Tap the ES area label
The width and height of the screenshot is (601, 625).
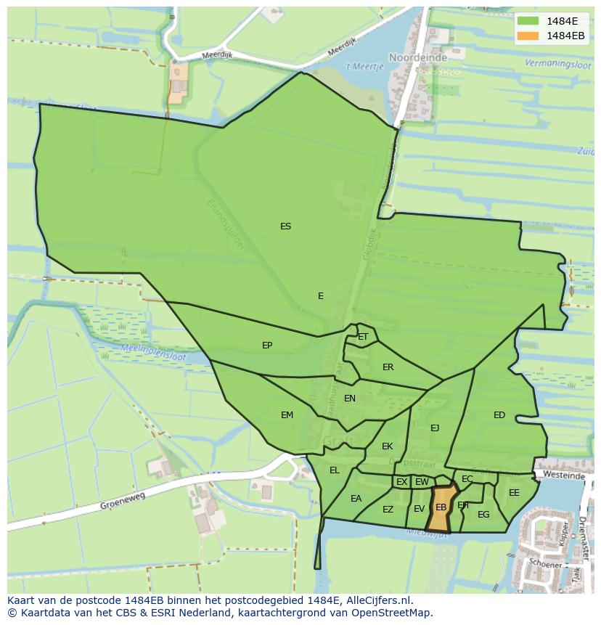click(285, 226)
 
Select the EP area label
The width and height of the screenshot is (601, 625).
click(267, 346)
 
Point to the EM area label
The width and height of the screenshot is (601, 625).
click(287, 415)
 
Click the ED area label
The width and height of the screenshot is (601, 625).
click(499, 415)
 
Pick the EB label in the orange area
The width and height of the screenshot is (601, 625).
click(441, 507)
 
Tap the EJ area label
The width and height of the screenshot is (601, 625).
click(435, 428)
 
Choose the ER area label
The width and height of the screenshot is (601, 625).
click(388, 367)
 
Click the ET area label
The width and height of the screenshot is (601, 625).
click(363, 337)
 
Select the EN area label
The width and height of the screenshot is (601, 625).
click(350, 399)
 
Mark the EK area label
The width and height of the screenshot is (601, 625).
click(387, 446)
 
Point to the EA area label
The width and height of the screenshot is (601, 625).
click(356, 499)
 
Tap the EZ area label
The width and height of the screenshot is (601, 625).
click(388, 510)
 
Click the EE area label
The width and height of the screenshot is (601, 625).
click(514, 493)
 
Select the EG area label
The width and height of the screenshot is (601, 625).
click(483, 515)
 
